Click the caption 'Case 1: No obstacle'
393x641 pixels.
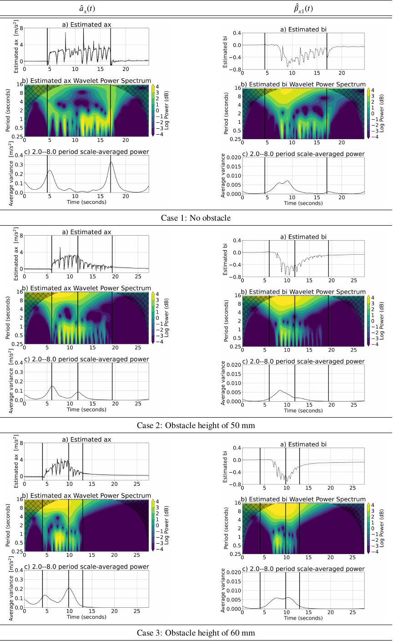196,218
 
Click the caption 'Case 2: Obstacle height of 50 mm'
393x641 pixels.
196,425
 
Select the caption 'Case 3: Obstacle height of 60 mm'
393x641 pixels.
196,633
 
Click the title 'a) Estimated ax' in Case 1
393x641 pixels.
86,25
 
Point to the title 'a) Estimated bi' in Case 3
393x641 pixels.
303,444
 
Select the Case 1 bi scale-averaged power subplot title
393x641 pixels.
303,154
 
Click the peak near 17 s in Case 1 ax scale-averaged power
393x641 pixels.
111,162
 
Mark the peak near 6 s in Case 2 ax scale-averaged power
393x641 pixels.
52,386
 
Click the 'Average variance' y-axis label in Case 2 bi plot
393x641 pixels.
223,383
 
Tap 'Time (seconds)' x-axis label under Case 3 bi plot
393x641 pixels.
303,618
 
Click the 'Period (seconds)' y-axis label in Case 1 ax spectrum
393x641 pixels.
8,111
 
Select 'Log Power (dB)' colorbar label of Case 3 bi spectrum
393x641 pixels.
383,528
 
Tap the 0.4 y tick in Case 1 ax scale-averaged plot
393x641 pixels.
18,155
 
